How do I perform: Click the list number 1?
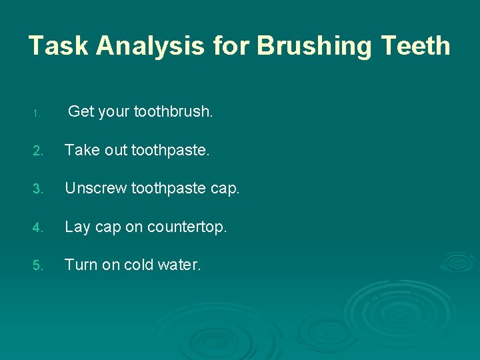pos(39,113)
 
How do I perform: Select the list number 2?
pos(39,151)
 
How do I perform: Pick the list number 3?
pos(39,189)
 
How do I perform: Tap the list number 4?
pos(39,227)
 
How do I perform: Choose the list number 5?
pos(39,265)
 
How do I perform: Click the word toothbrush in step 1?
pos(173,112)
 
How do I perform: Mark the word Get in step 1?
pos(81,112)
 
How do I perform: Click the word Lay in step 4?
pos(77,227)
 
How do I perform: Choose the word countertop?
pos(187,227)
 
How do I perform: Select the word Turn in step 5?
pos(81,265)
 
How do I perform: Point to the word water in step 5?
pos(179,265)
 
